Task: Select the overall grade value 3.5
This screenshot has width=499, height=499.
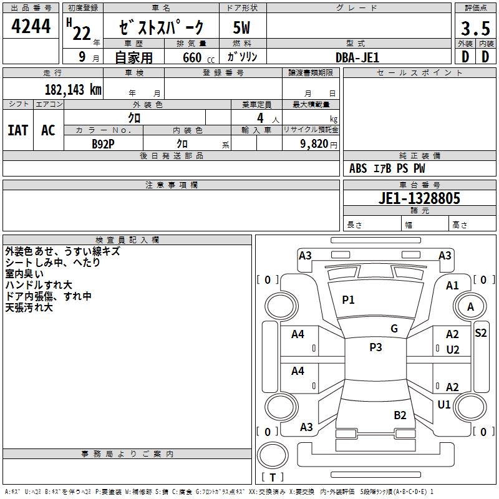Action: (x=475, y=29)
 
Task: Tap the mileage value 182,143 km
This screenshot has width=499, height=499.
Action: (x=73, y=89)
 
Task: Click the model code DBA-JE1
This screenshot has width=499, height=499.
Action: (x=357, y=57)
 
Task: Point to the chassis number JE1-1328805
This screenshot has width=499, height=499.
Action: (x=420, y=199)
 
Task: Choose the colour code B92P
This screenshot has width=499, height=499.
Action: (x=104, y=143)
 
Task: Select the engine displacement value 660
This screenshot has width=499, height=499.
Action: (x=191, y=57)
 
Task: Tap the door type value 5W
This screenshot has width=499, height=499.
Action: (x=241, y=29)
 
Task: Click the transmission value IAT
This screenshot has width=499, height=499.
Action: (x=18, y=130)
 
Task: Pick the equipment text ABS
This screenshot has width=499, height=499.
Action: (x=358, y=168)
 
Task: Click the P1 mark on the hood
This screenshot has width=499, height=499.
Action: (x=348, y=300)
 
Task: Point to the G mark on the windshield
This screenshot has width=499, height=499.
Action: (x=394, y=329)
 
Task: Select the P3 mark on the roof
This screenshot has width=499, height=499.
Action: (x=375, y=347)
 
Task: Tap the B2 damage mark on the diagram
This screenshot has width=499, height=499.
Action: (x=400, y=415)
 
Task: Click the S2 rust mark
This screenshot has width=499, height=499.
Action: (x=480, y=333)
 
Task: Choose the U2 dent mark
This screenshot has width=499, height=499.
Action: (x=453, y=349)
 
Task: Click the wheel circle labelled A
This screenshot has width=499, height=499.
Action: (x=470, y=307)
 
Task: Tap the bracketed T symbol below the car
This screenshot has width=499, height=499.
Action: (x=272, y=478)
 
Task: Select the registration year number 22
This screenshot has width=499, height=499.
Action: (x=81, y=34)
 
